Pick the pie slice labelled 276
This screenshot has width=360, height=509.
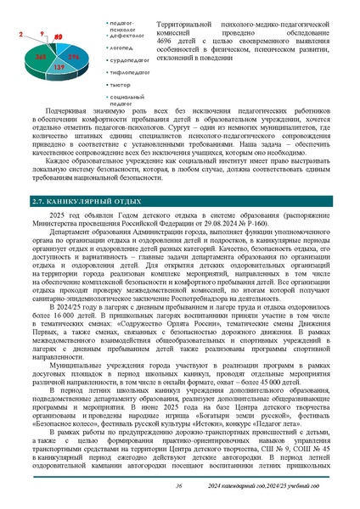pyautogui.click(x=75, y=56)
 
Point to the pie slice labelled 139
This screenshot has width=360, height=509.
pyautogui.click(x=59, y=66)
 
